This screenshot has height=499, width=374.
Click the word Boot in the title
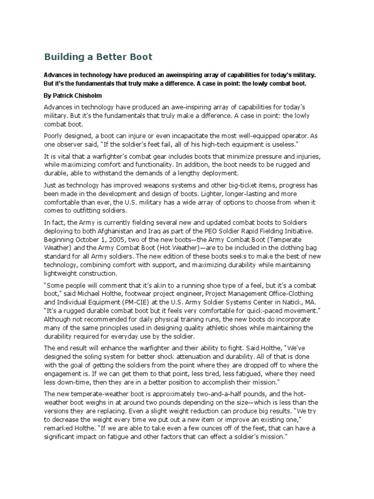pyautogui.click(x=141, y=57)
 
